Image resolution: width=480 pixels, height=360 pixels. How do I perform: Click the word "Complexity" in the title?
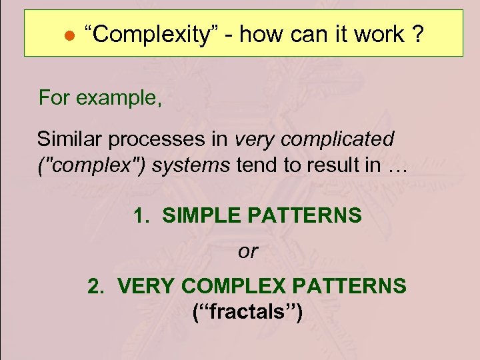click(148, 35)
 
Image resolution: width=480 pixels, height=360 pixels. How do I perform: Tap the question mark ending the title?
click(417, 34)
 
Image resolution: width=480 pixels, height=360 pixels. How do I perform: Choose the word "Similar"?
click(69, 139)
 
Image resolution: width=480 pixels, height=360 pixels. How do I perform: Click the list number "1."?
click(141, 215)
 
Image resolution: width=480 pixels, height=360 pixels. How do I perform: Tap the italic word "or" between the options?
click(247, 251)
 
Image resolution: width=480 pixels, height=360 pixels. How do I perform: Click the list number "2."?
click(97, 286)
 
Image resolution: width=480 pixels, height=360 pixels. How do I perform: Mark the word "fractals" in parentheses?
click(247, 311)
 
